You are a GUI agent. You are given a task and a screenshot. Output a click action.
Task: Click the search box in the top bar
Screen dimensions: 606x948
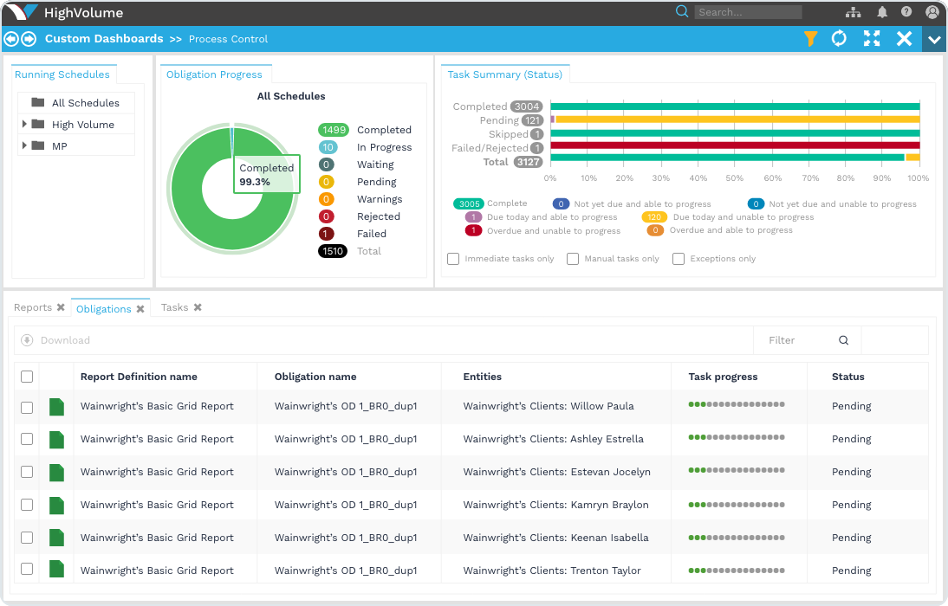point(748,12)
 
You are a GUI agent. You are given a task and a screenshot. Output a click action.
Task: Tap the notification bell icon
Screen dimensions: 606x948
point(882,12)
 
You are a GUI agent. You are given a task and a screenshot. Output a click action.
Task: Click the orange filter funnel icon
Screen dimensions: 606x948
point(810,39)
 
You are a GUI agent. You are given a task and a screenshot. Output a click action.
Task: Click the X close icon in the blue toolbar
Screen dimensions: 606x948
point(904,39)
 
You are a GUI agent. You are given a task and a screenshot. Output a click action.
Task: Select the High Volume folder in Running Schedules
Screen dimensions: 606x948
point(82,125)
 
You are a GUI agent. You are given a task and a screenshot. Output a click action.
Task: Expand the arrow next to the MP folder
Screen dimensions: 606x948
point(24,146)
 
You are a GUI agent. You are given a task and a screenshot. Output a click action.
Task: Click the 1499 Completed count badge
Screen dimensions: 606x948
point(333,130)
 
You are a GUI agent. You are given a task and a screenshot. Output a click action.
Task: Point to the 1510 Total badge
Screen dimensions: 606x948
point(333,251)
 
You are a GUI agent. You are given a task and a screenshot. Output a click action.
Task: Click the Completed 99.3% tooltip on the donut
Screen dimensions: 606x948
point(266,175)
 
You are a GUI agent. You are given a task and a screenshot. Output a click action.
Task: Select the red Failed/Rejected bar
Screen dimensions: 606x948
point(734,147)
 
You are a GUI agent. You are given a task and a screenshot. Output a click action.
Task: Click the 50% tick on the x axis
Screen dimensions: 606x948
point(735,178)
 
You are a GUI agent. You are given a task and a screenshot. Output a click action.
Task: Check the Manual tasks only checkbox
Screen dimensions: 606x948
point(573,259)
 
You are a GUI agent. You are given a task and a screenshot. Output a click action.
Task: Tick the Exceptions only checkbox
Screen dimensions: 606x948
point(679,259)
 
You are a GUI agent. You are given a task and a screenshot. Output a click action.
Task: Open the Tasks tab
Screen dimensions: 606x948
point(174,307)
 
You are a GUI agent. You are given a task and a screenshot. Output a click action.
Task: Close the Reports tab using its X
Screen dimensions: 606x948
point(61,307)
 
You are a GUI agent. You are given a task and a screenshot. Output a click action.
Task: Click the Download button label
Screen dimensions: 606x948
point(65,340)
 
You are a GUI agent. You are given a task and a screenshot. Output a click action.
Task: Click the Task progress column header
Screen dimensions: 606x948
point(723,377)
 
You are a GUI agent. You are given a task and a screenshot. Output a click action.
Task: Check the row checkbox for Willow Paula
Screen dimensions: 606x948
point(27,407)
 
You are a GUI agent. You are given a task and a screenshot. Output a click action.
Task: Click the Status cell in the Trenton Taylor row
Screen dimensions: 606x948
point(851,571)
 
